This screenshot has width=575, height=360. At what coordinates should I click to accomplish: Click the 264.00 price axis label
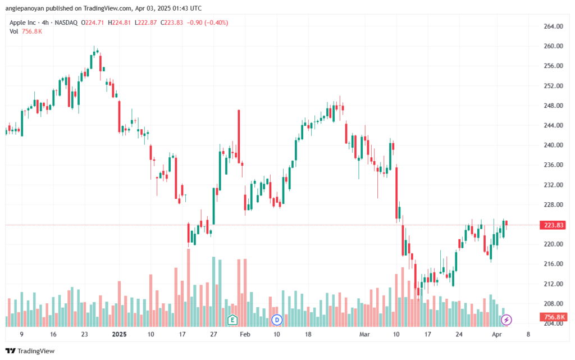pyautogui.click(x=553, y=26)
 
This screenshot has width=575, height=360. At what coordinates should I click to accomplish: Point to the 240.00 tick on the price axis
pyautogui.click(x=553, y=145)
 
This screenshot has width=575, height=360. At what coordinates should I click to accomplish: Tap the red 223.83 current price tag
pyautogui.click(x=553, y=225)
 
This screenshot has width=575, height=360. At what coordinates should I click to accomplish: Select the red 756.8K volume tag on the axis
pyautogui.click(x=553, y=317)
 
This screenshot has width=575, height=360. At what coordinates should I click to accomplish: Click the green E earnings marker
pyautogui.click(x=232, y=320)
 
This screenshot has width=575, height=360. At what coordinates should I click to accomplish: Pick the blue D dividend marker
pyautogui.click(x=277, y=320)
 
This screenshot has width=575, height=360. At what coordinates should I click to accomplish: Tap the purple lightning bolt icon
pyautogui.click(x=506, y=320)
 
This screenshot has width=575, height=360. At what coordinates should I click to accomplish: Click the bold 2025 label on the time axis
pyautogui.click(x=119, y=334)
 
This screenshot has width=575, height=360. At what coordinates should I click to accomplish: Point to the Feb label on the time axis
pyautogui.click(x=245, y=334)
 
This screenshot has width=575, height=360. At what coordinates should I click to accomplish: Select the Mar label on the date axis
pyautogui.click(x=364, y=334)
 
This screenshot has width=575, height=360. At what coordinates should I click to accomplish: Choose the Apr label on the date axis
pyautogui.click(x=496, y=334)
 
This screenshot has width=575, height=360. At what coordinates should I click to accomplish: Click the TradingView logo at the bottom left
pyautogui.click(x=30, y=351)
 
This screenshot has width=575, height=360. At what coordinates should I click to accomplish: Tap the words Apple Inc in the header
pyautogui.click(x=22, y=22)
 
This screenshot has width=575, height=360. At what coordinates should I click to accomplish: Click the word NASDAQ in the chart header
pyautogui.click(x=66, y=22)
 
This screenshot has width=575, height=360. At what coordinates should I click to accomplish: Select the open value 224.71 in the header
pyautogui.click(x=94, y=22)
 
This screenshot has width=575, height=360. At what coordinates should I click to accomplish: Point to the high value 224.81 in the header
pyautogui.click(x=121, y=22)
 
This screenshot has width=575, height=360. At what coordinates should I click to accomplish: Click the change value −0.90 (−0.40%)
pyautogui.click(x=208, y=22)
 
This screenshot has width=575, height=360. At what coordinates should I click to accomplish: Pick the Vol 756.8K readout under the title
pyautogui.click(x=26, y=31)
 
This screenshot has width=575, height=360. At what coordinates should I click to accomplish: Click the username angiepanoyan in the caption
pyautogui.click(x=25, y=8)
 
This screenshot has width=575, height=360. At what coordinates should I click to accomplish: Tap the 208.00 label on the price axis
pyautogui.click(x=553, y=303)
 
